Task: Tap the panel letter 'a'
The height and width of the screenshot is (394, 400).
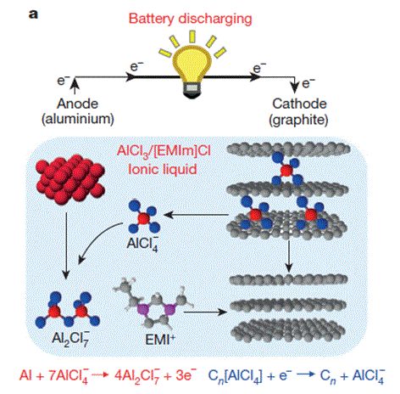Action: (x=33, y=14)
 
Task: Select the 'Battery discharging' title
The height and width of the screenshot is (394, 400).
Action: (x=190, y=19)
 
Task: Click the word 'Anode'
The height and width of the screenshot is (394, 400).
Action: (x=77, y=104)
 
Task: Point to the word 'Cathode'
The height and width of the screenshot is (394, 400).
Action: (x=299, y=104)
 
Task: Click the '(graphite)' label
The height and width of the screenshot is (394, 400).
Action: (x=298, y=120)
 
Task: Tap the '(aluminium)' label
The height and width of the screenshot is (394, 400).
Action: (x=78, y=119)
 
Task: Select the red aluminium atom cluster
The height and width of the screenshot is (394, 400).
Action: (x=70, y=178)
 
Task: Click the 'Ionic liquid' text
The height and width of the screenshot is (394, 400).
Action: (x=163, y=169)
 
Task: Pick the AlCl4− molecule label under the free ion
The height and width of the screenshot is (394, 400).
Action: (x=142, y=243)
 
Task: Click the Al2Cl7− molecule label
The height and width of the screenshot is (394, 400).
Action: (x=70, y=338)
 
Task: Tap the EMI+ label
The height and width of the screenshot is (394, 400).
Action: (x=160, y=339)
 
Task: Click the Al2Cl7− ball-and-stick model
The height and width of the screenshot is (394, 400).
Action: (x=67, y=310)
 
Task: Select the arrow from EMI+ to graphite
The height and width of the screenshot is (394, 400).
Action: (x=205, y=312)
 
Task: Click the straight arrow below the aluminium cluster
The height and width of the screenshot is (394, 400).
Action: (x=66, y=245)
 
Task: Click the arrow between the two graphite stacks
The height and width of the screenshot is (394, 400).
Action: (x=288, y=256)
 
